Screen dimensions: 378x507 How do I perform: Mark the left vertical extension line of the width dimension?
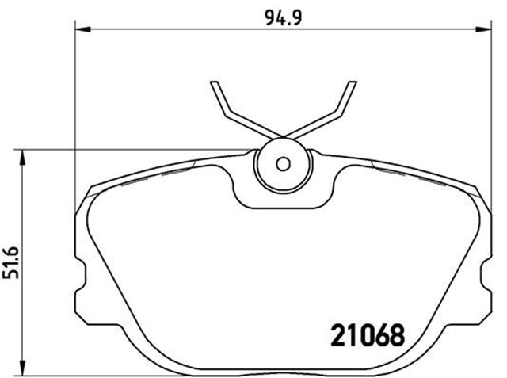pos(76,95)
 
